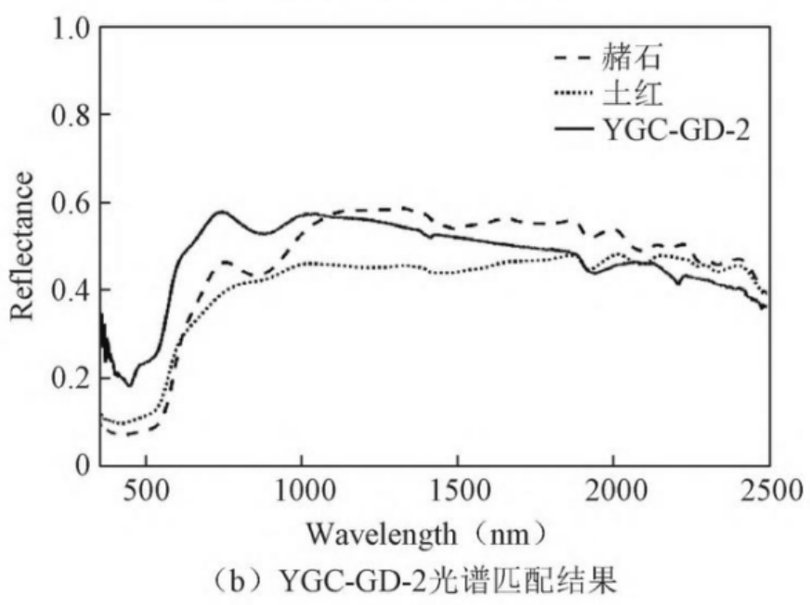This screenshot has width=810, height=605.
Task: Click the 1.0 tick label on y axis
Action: tap(68, 28)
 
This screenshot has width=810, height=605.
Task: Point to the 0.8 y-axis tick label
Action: tap(68, 115)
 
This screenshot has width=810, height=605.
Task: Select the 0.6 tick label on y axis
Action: tap(68, 203)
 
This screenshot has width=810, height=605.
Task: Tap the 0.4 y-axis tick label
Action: tap(68, 290)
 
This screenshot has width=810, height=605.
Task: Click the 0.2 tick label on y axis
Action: tap(68, 377)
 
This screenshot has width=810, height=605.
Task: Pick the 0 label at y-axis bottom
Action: tap(81, 465)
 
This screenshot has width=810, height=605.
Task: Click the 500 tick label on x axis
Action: tap(147, 489)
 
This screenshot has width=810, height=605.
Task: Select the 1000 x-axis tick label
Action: tap(302, 489)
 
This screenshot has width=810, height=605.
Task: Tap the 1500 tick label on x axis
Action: tap(457, 489)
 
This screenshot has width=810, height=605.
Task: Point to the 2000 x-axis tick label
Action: tap(612, 489)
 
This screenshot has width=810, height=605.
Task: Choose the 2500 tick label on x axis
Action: tap(767, 489)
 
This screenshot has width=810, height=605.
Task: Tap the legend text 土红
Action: tap(632, 96)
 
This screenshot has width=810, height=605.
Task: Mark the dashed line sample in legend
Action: tap(574, 61)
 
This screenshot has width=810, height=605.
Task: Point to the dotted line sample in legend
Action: tap(574, 96)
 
